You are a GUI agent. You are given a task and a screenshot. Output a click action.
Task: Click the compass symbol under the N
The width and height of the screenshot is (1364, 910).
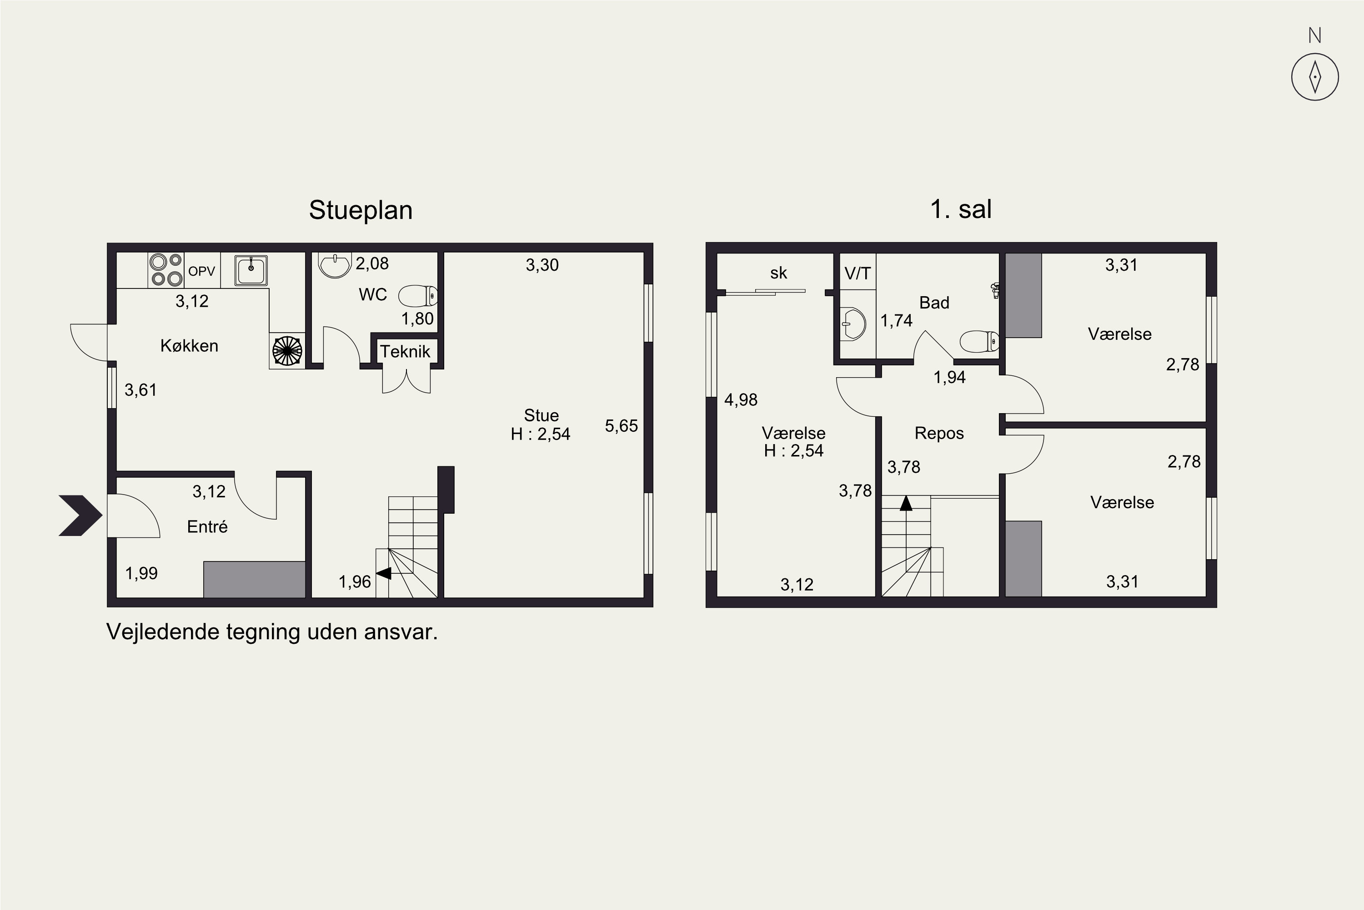coord(1315,77)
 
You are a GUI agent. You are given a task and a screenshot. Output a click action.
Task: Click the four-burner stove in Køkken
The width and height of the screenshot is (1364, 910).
coord(166,270)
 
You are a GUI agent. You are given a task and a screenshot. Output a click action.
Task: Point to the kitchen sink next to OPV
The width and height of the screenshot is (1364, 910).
coord(251,270)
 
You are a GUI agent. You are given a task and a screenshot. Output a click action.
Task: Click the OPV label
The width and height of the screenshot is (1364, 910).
coord(201,271)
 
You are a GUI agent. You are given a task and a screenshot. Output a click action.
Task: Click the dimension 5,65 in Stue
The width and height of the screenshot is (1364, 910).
coord(621,425)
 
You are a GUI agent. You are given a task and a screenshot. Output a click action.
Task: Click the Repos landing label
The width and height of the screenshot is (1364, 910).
coord(939,433)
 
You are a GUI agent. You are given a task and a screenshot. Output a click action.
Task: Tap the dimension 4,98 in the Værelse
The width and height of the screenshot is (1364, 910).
coord(741,399)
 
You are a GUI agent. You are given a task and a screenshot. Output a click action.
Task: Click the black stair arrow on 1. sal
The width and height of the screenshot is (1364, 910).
coord(906,503)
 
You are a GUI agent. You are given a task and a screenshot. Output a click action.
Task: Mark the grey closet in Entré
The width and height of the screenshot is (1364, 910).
coord(254,579)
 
